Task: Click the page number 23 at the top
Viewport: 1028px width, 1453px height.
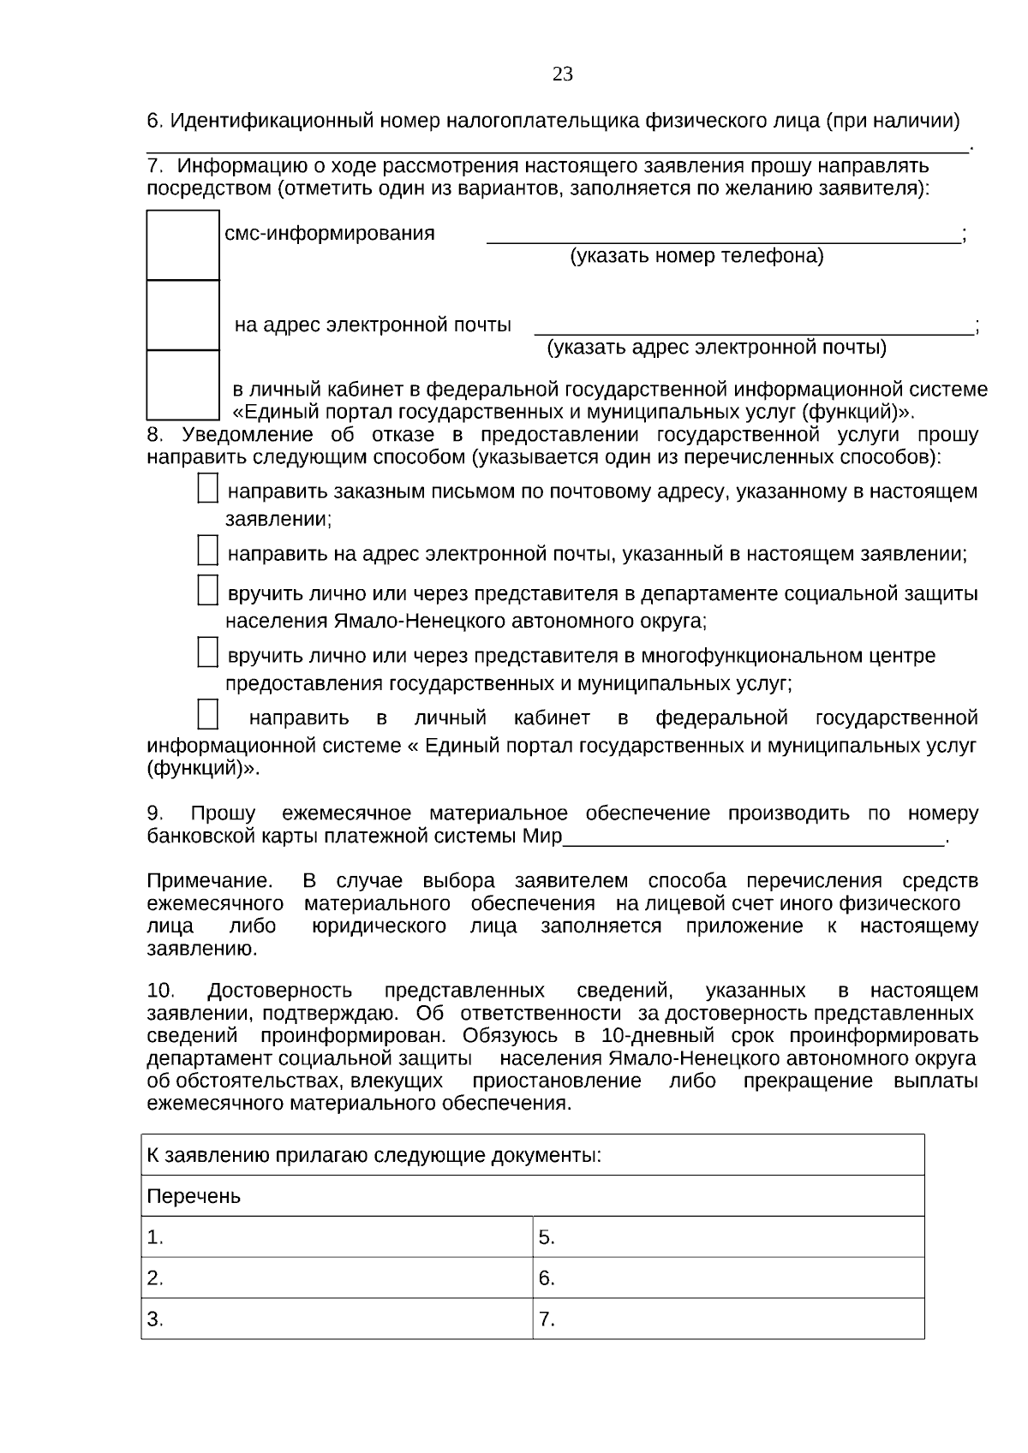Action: click(563, 74)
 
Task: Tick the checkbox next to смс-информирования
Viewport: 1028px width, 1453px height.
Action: click(182, 245)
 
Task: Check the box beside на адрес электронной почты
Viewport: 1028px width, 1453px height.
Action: click(182, 315)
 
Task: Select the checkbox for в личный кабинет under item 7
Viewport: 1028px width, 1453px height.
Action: click(182, 384)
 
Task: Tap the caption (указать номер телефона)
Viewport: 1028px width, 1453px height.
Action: click(696, 256)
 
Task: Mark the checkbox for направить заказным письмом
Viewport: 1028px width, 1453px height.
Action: click(207, 490)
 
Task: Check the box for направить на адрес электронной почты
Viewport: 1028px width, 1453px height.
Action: click(207, 551)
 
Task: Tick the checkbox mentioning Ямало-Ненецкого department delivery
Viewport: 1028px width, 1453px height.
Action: click(207, 591)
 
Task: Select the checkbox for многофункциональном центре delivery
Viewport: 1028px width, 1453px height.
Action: click(207, 652)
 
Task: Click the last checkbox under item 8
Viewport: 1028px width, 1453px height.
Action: click(207, 714)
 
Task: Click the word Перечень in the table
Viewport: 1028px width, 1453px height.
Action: click(194, 1196)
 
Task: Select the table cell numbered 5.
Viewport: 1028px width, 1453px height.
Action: click(728, 1237)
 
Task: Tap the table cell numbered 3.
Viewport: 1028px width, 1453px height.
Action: click(337, 1319)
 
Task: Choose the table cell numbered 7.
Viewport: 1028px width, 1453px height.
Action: click(728, 1319)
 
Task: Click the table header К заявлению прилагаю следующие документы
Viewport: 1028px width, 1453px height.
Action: click(374, 1155)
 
